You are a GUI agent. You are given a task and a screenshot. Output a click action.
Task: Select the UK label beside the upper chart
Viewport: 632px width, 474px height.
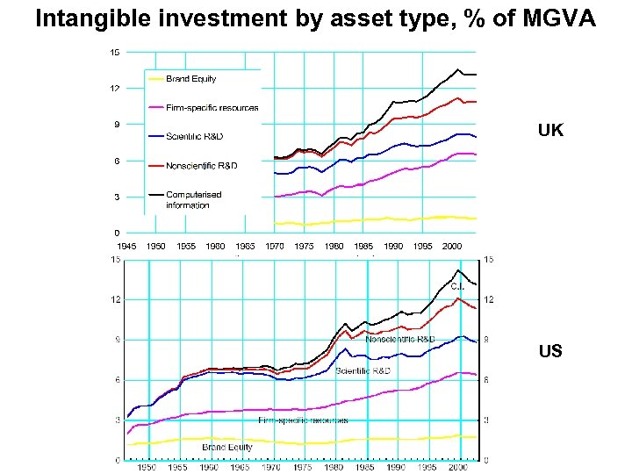coord(550,131)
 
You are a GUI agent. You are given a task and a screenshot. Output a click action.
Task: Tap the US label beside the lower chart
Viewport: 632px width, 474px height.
coord(550,351)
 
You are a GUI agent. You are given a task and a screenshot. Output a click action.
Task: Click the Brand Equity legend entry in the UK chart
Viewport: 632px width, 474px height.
coord(190,79)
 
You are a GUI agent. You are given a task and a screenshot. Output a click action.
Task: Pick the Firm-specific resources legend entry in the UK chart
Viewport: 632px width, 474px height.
coord(212,108)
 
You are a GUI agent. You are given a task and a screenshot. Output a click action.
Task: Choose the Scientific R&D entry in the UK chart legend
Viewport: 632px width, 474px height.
coord(194,137)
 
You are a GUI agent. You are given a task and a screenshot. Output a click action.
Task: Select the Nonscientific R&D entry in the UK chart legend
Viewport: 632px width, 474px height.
coord(201,165)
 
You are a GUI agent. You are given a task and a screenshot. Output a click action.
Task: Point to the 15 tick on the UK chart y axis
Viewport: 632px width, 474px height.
coord(115,52)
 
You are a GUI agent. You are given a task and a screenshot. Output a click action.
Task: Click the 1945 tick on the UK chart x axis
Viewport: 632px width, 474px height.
coord(126,247)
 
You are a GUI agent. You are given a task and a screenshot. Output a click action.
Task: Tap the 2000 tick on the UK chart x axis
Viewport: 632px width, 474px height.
coord(452,247)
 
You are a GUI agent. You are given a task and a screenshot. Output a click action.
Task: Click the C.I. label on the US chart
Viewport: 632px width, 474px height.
coord(457,286)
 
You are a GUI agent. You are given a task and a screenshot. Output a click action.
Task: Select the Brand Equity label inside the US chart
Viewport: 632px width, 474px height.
coord(226,448)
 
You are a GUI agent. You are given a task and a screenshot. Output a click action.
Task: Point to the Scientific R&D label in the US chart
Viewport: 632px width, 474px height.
coord(363,371)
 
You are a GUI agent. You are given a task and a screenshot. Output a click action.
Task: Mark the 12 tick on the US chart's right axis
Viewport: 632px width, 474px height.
coord(488,299)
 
